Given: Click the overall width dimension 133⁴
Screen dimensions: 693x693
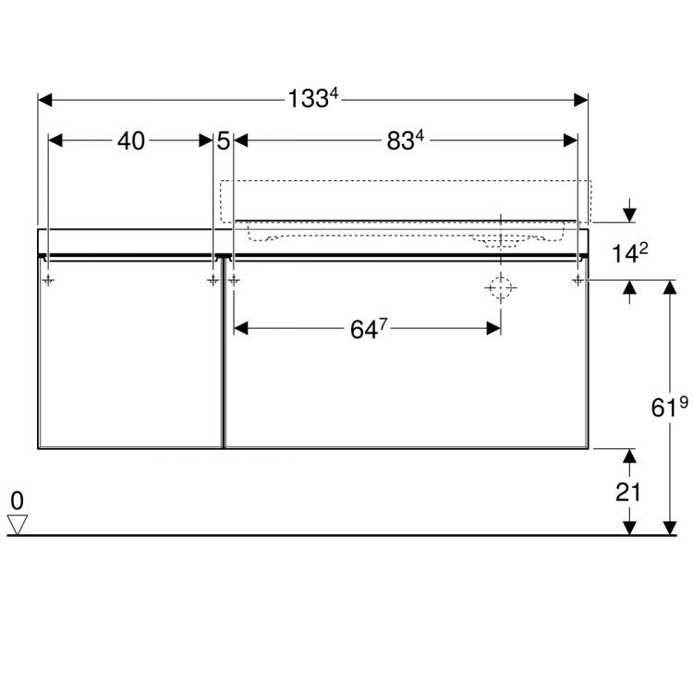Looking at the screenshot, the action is (313, 98).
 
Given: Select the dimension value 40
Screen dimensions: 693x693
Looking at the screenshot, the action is (131, 141).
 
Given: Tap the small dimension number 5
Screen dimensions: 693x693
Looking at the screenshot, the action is (224, 141).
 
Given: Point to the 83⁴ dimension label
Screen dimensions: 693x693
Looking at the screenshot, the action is (406, 140).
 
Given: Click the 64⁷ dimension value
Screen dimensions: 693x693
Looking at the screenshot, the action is (369, 329).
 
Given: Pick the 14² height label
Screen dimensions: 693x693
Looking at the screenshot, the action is (630, 253).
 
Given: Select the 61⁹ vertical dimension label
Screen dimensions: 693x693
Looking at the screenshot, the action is (669, 407).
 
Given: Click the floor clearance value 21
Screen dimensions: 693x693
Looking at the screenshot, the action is (628, 492).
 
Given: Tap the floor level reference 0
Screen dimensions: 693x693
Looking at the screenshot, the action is (18, 501).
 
